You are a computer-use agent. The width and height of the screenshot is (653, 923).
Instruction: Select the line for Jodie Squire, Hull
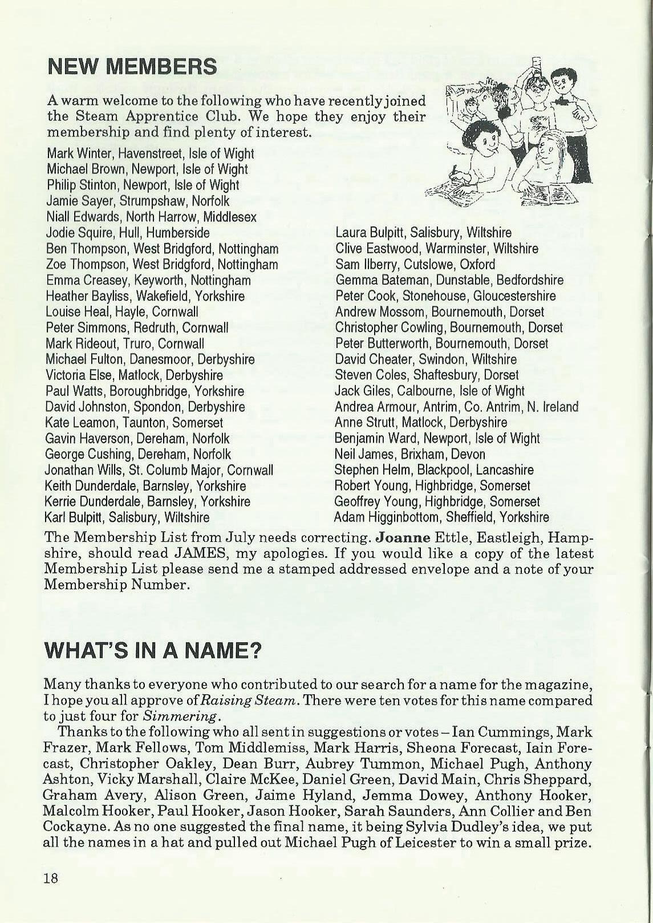(x=127, y=233)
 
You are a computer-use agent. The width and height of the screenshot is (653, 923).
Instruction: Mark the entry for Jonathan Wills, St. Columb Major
(x=159, y=471)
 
